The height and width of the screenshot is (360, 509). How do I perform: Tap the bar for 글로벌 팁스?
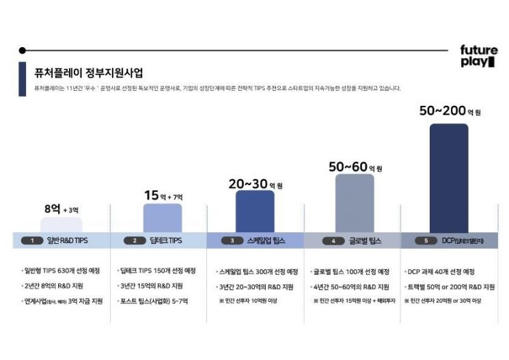[355, 203]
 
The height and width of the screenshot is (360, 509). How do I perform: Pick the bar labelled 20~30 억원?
[255, 211]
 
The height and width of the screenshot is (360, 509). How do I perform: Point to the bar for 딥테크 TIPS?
[163, 218]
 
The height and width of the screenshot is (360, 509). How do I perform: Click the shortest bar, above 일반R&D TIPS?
[61, 225]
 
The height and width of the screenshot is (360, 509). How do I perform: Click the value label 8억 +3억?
[61, 209]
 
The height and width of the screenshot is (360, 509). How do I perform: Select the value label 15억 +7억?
[163, 196]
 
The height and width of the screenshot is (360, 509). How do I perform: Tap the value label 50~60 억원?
[355, 167]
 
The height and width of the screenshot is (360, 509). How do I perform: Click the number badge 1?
[32, 240]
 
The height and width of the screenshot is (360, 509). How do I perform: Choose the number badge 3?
[232, 240]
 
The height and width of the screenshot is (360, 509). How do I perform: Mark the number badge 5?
[426, 240]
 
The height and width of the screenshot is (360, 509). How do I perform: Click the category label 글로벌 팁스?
[365, 240]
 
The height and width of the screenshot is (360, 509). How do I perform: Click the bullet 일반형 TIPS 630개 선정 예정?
[63, 271]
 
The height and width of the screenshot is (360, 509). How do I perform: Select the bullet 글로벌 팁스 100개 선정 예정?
[350, 271]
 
